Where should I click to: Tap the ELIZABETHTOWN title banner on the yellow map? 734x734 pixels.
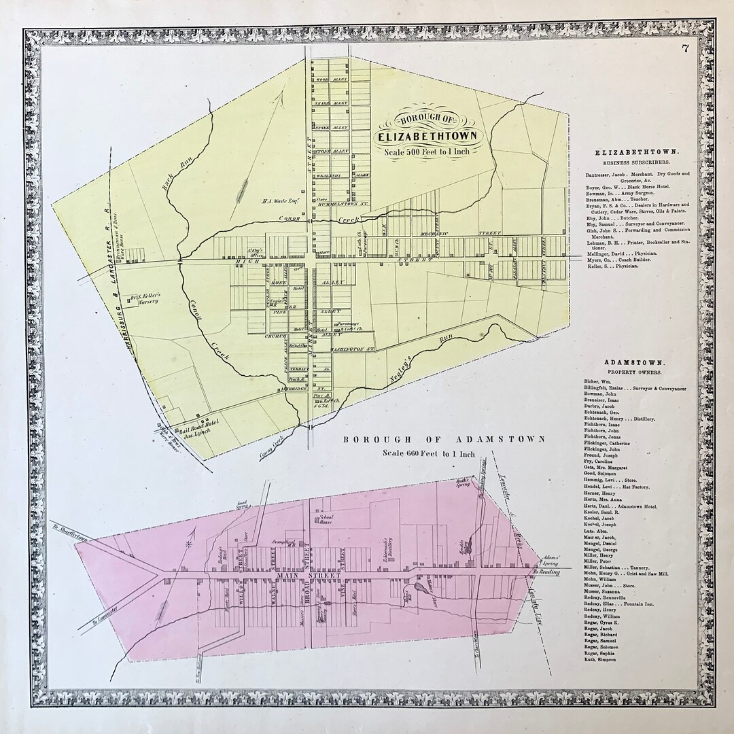[427, 135]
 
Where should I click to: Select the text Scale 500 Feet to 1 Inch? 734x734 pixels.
[426, 152]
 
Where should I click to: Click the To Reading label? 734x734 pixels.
[547, 572]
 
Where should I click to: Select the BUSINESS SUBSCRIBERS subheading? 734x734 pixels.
[633, 164]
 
